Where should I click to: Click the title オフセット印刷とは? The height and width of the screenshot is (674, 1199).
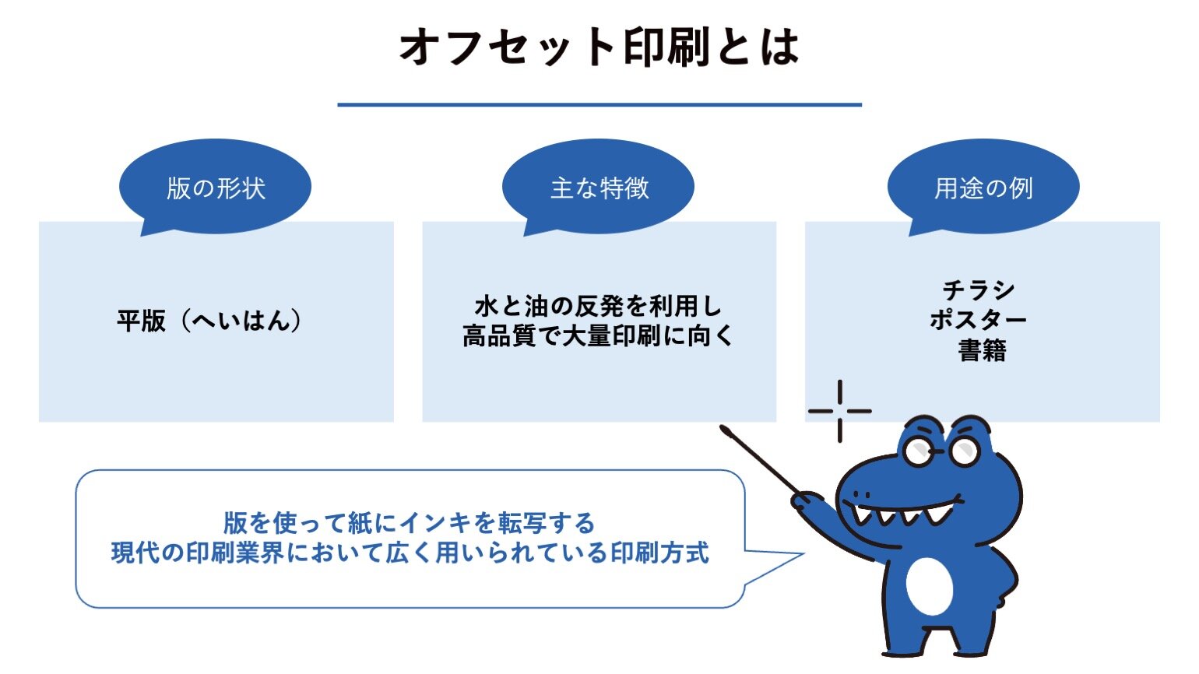(599, 47)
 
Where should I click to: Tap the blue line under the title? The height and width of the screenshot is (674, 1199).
(599, 105)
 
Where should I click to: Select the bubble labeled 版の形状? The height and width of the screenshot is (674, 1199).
(215, 188)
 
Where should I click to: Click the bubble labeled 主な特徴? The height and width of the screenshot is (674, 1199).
(599, 188)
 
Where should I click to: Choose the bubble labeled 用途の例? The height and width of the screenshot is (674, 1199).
(984, 188)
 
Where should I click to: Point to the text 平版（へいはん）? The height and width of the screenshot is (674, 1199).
(209, 321)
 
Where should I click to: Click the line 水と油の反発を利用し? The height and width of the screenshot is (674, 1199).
(599, 307)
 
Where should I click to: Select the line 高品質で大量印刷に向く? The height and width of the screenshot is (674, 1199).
(599, 336)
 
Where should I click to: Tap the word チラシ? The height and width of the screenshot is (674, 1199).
(979, 290)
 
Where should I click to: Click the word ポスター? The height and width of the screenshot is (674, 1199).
(979, 320)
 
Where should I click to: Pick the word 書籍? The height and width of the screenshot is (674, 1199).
(983, 350)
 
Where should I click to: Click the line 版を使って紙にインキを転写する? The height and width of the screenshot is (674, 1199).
(410, 522)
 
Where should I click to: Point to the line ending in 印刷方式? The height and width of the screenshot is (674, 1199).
(410, 553)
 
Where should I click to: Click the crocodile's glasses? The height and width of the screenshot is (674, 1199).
(941, 451)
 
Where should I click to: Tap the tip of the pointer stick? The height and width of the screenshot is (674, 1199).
(724, 429)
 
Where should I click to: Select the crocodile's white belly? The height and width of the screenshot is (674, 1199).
(930, 586)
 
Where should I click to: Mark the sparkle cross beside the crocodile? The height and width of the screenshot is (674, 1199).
(840, 412)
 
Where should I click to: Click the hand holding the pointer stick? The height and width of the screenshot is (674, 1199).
(807, 503)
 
